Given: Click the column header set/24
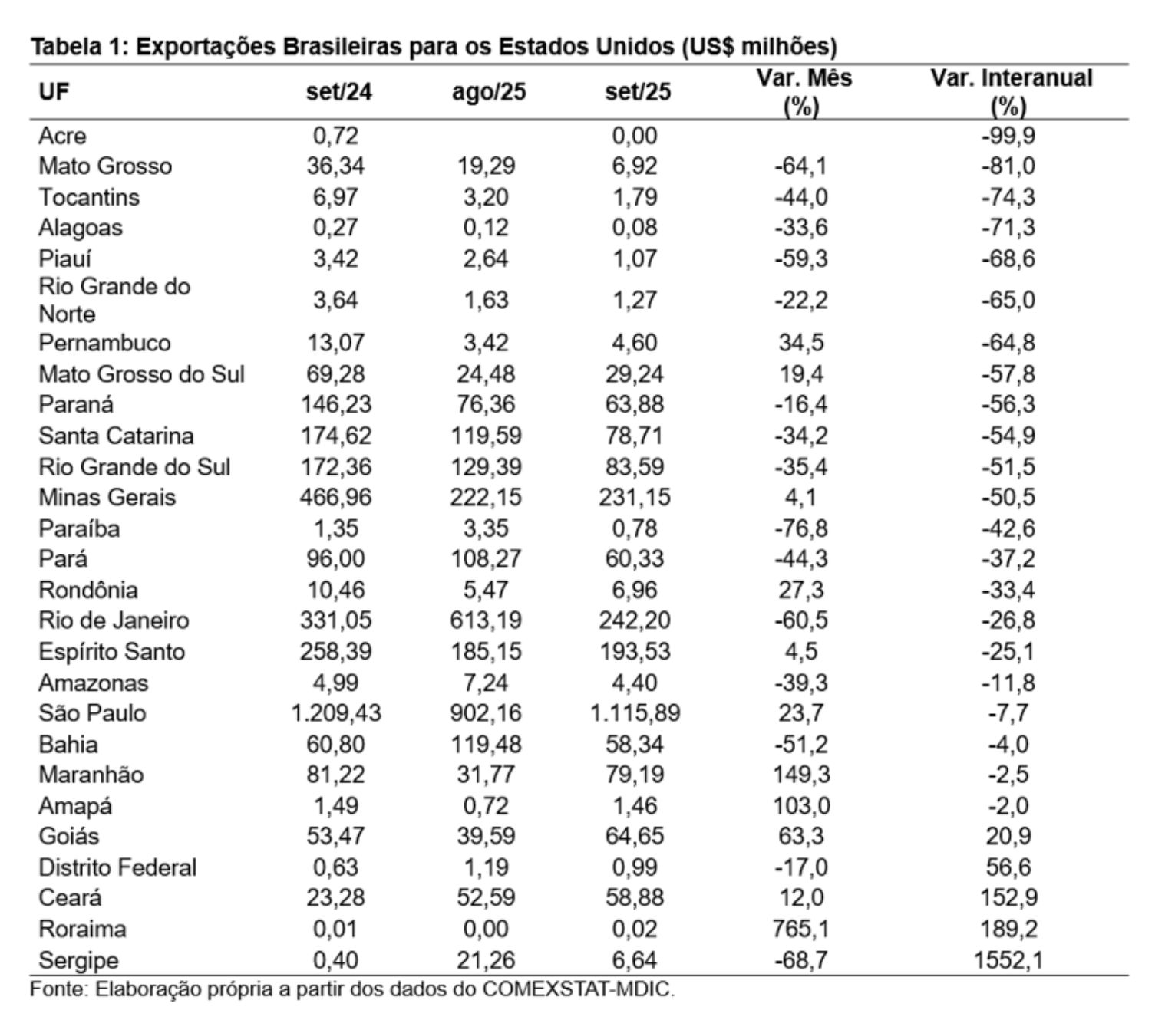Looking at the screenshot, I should click(338, 92).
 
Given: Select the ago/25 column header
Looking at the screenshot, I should click(489, 92).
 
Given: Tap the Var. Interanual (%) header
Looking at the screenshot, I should click(1011, 91).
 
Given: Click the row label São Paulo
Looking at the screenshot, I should click(92, 713).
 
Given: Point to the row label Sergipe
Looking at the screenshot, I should click(78, 960).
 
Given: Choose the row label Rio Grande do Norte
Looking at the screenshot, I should click(114, 300).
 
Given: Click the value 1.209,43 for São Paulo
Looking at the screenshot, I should click(336, 713).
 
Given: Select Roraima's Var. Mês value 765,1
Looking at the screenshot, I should click(800, 929).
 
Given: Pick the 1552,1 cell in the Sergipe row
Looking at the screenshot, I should click(1008, 960).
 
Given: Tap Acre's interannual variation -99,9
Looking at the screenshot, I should click(1008, 136).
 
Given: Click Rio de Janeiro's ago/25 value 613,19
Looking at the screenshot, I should click(486, 620).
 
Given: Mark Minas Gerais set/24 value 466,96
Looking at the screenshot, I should click(335, 497).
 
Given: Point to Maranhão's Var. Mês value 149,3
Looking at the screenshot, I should click(801, 775).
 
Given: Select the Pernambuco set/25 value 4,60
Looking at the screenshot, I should click(634, 343).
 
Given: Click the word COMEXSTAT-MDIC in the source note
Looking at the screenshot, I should click(577, 989).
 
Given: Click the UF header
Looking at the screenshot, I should click(54, 92).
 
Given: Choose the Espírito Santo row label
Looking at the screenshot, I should click(111, 652).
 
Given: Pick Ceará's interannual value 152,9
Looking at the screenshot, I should click(1008, 897).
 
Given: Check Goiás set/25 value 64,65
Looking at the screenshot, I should click(634, 836).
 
